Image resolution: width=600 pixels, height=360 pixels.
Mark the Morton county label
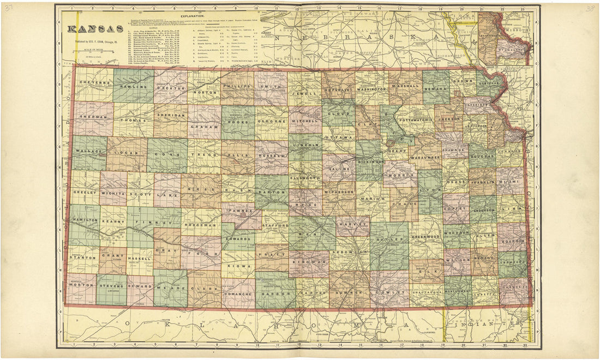tap(81, 285)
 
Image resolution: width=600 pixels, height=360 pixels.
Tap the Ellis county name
tap(238, 155)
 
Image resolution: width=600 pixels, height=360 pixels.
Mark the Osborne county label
tap(271, 121)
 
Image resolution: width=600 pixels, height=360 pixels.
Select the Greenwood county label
tap(425, 237)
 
